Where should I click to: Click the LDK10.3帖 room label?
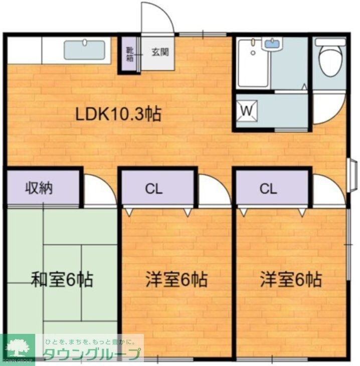point(118,114)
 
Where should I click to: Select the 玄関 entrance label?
point(160,51)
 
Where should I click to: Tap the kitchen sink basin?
point(85,50)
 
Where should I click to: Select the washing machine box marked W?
point(247,110)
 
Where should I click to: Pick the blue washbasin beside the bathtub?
point(272,44)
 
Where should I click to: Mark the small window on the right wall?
point(353,175)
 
